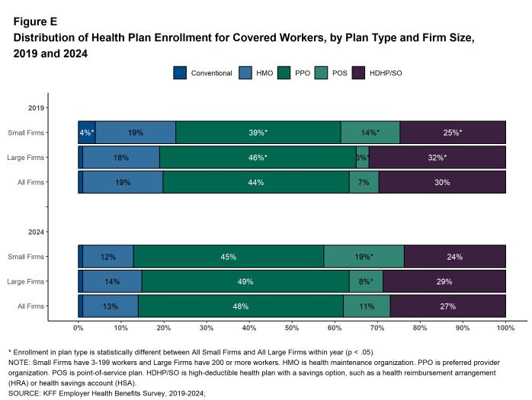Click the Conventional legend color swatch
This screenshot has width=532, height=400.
[180, 73]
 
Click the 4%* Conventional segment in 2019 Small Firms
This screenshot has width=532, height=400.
[87, 133]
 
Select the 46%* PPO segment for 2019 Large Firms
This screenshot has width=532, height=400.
[257, 158]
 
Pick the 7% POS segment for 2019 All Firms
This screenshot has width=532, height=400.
[364, 183]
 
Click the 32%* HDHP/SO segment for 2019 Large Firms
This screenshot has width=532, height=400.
[437, 158]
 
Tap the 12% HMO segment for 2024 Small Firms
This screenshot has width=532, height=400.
[107, 257]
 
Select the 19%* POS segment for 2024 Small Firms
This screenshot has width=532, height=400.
[364, 257]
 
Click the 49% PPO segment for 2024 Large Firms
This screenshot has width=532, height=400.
[245, 282]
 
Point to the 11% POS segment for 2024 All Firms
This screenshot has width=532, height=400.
[367, 307]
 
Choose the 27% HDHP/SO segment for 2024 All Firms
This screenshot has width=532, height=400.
[447, 307]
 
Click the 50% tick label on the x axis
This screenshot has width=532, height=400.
[292, 328]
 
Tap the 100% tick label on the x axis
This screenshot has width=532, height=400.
[505, 328]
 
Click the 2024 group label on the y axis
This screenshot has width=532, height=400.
[36, 232]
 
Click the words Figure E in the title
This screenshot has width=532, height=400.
[35, 22]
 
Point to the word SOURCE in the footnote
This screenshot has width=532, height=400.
[25, 393]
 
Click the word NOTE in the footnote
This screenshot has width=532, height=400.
[19, 363]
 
